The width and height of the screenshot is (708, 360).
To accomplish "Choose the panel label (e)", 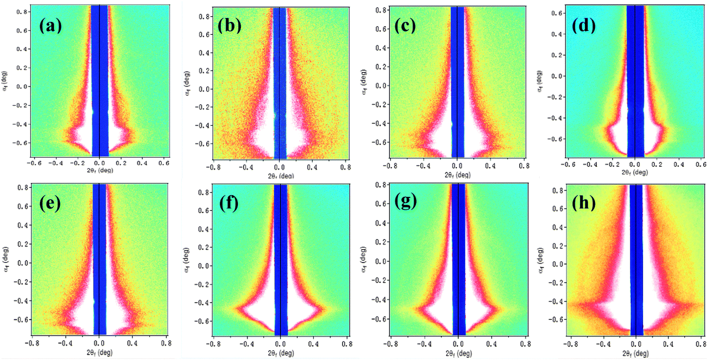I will [x=50, y=204].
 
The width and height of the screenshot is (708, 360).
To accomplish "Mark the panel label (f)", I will [x=229, y=204].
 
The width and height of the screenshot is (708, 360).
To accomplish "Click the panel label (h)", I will [x=584, y=203].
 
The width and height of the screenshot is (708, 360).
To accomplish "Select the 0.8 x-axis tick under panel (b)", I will [x=345, y=167].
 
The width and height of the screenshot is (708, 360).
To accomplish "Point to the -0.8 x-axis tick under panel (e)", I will [x=31, y=343].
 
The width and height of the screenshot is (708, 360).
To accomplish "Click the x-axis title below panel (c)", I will [x=457, y=175].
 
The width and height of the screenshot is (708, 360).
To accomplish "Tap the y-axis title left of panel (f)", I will [x=186, y=260].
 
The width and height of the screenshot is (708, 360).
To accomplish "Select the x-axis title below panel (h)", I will [x=635, y=353].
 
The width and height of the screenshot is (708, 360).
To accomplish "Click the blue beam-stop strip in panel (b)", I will [x=280, y=84].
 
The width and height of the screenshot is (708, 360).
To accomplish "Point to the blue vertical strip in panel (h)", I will [x=636, y=259].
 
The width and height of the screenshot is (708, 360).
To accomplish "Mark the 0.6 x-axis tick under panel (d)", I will [x=701, y=164].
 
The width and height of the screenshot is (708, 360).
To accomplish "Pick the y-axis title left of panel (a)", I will [x=5, y=81].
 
